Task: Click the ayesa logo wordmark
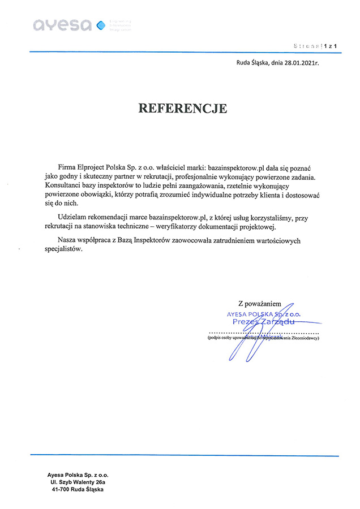[62, 25]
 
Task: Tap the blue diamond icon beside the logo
[101, 24]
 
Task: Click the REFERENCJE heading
[183, 109]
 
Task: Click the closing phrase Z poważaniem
[259, 304]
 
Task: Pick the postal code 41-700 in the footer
[61, 490]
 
